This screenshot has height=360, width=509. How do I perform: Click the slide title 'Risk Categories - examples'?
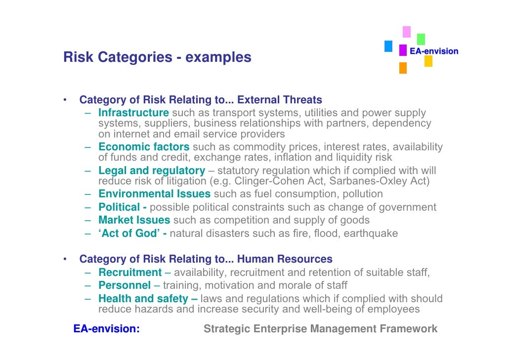coord(157,58)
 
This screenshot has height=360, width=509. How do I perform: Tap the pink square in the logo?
coord(406,32)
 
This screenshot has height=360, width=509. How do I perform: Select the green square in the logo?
coord(421,39)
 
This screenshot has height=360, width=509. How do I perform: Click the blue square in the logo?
coord(388,46)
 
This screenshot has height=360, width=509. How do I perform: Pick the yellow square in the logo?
coord(428,61)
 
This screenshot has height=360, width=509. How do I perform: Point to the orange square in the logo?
coord(403,68)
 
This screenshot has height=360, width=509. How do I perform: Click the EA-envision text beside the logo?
coord(434,51)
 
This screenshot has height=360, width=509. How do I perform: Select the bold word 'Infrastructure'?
coord(133,113)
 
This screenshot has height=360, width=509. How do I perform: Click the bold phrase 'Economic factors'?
coord(144,147)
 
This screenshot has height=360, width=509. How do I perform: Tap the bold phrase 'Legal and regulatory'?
coord(152,171)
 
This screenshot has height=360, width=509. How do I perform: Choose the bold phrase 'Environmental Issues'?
coord(154,194)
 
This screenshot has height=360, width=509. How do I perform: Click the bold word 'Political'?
coord(119,207)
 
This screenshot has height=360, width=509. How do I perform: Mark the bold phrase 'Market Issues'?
coord(134,220)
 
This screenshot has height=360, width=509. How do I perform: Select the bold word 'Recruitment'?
coord(130,272)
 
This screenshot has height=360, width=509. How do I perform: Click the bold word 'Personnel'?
coord(125,285)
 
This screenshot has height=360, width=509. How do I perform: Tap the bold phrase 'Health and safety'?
coord(143,299)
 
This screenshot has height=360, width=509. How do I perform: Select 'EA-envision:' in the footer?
coord(106,329)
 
